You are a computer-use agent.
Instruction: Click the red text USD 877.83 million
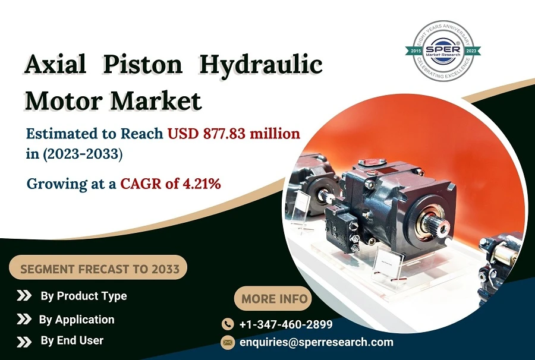(x=234, y=134)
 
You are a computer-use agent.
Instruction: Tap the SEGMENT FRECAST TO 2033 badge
(x=99, y=269)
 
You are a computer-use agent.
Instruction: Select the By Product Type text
(x=83, y=296)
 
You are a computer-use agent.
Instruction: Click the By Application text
(x=77, y=320)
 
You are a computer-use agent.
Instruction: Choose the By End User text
(x=72, y=341)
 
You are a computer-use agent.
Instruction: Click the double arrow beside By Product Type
(x=24, y=296)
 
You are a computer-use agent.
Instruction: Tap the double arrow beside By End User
(x=24, y=342)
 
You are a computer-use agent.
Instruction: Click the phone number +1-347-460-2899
(x=285, y=324)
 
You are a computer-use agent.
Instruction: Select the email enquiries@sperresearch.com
(x=316, y=342)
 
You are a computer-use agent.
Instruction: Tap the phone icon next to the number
(x=228, y=324)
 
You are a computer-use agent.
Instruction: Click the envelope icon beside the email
(x=228, y=342)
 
